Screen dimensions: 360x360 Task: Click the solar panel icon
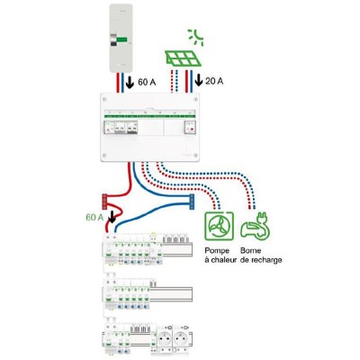183,58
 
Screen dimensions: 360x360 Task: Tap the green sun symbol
196,37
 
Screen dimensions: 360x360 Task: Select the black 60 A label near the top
147,82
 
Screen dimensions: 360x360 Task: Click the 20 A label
214,81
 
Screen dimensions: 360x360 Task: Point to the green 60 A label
94,217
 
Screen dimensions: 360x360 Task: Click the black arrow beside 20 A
199,79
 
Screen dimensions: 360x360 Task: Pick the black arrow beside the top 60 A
130,81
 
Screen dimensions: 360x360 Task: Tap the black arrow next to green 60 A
112,216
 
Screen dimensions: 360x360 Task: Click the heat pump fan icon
219,226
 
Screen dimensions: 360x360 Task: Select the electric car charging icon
256,226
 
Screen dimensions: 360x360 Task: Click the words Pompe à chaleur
220,255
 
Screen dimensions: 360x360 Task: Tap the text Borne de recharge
261,255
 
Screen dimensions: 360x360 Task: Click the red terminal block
104,202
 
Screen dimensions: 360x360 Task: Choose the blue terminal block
192,202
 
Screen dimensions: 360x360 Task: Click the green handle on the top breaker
122,40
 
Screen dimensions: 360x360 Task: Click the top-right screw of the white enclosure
195,99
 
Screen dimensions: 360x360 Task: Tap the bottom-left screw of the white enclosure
104,156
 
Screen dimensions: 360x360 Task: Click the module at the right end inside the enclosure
190,127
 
